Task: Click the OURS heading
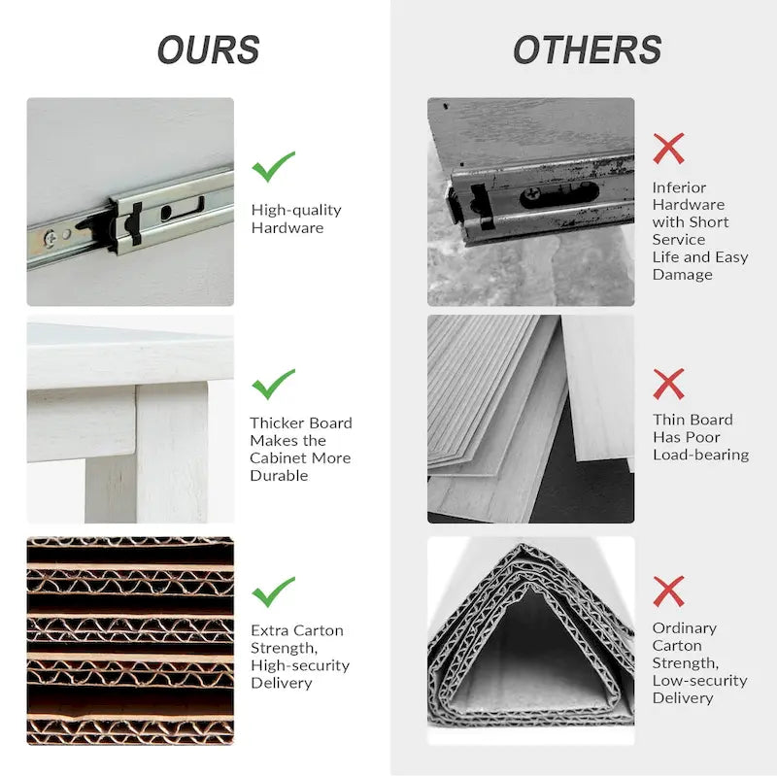click(209, 51)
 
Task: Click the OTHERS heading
click(588, 51)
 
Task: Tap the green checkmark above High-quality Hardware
click(273, 166)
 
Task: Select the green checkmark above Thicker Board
click(273, 384)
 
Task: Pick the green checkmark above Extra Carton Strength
click(273, 591)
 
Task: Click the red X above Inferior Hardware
click(668, 149)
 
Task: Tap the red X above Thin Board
click(668, 384)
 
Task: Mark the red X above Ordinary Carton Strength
click(668, 591)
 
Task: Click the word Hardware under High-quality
click(287, 228)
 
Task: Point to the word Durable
click(279, 476)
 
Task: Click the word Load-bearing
click(700, 455)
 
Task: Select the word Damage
click(683, 275)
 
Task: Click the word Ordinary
click(685, 628)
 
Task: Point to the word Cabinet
click(279, 457)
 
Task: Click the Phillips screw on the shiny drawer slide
click(51, 238)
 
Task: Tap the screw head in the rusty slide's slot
click(532, 195)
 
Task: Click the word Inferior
click(679, 187)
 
